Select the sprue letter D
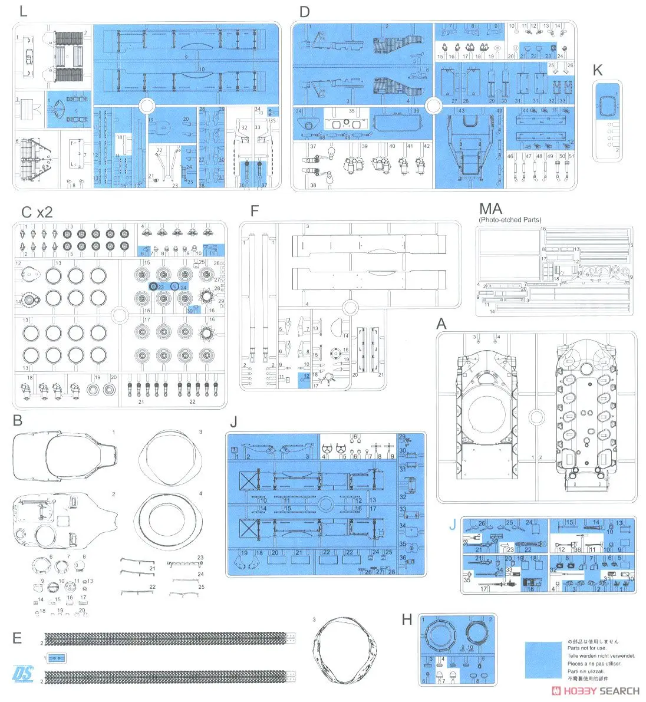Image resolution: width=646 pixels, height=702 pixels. tap(304, 11)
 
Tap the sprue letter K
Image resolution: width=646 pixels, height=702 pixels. tap(598, 70)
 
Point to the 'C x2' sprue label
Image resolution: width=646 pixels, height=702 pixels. tap(37, 212)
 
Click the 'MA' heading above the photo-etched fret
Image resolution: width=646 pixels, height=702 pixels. tap(490, 209)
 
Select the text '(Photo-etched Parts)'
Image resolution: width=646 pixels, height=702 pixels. tap(510, 220)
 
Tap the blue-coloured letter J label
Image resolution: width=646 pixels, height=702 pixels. tap(452, 525)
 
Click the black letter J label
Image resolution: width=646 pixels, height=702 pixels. tap(234, 422)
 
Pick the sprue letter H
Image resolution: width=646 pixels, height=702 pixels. tap(407, 619)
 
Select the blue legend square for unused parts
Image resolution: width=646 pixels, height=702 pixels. tap(543, 660)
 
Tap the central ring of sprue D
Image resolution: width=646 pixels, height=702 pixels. tap(433, 106)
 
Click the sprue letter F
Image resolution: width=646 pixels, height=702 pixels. tap(254, 212)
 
